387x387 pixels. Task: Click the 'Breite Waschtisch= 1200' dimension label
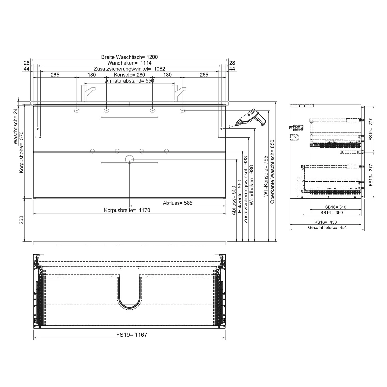coord(129,57)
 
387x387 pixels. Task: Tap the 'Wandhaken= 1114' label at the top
coord(129,63)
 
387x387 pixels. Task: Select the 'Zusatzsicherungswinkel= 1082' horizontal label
coord(129,69)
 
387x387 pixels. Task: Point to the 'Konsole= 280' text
coord(129,75)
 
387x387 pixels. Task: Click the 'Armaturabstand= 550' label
coord(129,81)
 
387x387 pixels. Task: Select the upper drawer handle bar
coord(129,117)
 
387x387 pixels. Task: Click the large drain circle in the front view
coord(129,159)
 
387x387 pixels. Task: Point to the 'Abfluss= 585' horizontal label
coord(178,203)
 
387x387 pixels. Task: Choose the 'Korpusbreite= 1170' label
coord(127,210)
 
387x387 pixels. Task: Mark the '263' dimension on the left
coord(21,220)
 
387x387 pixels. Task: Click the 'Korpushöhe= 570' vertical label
coord(21,152)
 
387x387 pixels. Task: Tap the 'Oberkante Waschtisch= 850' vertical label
coord(272,172)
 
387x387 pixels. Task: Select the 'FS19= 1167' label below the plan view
coord(132,335)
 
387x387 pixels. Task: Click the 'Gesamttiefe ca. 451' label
coord(327,228)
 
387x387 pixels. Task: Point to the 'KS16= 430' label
coord(325,222)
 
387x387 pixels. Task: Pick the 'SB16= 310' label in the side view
coord(336,207)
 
